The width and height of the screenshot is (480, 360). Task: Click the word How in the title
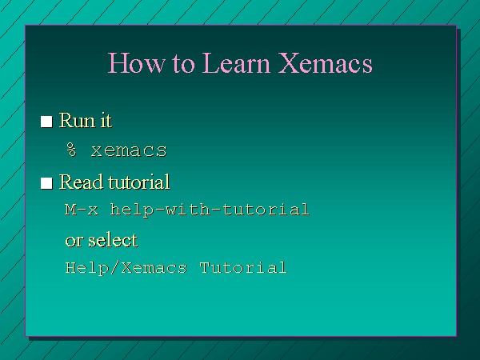[136, 62]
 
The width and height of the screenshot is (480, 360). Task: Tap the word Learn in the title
[236, 62]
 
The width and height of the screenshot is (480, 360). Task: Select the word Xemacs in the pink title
[326, 62]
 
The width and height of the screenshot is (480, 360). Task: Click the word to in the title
[183, 64]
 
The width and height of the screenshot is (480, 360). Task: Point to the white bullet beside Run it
[46, 122]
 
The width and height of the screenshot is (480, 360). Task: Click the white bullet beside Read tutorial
[46, 183]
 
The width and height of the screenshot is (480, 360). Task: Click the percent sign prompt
[72, 150]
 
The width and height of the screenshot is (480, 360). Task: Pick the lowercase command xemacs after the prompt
[129, 150]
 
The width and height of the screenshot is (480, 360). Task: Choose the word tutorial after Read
[139, 182]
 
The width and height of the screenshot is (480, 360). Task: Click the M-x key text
[82, 210]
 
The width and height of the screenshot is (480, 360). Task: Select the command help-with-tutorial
[210, 210]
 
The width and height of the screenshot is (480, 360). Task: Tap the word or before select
[74, 241]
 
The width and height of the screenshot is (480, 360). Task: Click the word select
[113, 240]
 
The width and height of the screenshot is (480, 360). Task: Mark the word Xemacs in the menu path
[154, 267]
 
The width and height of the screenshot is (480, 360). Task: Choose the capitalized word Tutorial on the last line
[243, 267]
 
